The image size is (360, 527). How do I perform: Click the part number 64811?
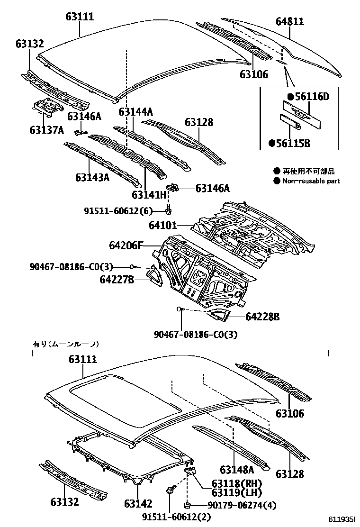coord(289,21)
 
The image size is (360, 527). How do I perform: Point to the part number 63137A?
coord(46,129)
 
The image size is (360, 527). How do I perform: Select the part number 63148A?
coord(237,470)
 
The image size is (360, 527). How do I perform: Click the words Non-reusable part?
coord(311,181)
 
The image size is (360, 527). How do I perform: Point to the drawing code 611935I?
coord(342,520)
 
